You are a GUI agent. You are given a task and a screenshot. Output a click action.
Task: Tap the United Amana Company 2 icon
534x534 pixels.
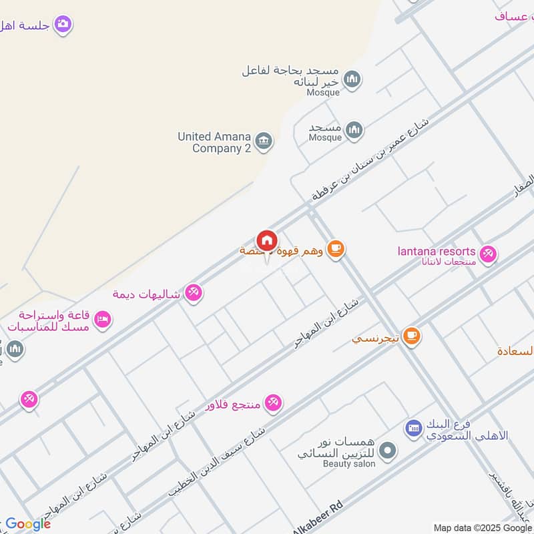(264, 141)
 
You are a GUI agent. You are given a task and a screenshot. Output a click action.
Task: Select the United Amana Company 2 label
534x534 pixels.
(214, 142)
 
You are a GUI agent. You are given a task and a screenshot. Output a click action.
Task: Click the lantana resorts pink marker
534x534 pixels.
(489, 254)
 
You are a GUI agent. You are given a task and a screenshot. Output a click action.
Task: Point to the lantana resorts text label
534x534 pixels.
(437, 252)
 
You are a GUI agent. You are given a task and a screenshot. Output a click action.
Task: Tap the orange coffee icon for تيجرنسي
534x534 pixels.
(412, 336)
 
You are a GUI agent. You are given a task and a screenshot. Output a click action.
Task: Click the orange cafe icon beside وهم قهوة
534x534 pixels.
(336, 250)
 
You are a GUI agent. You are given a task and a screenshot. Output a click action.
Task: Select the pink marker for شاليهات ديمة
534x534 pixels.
(194, 292)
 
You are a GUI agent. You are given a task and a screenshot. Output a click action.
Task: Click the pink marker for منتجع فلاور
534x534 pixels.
(273, 403)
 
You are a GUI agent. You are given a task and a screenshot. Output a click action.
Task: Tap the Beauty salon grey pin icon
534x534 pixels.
(388, 452)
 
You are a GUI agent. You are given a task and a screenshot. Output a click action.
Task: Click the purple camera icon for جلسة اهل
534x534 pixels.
(63, 25)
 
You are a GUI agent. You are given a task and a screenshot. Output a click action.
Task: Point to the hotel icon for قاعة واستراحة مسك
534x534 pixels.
(102, 320)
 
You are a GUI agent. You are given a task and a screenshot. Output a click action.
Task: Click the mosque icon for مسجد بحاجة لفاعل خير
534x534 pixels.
(352, 80)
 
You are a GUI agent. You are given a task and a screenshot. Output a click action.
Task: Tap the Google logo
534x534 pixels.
(28, 524)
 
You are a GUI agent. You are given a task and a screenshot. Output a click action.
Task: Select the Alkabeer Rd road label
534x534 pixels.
(318, 517)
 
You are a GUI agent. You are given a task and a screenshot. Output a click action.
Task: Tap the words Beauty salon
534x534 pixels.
(349, 463)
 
